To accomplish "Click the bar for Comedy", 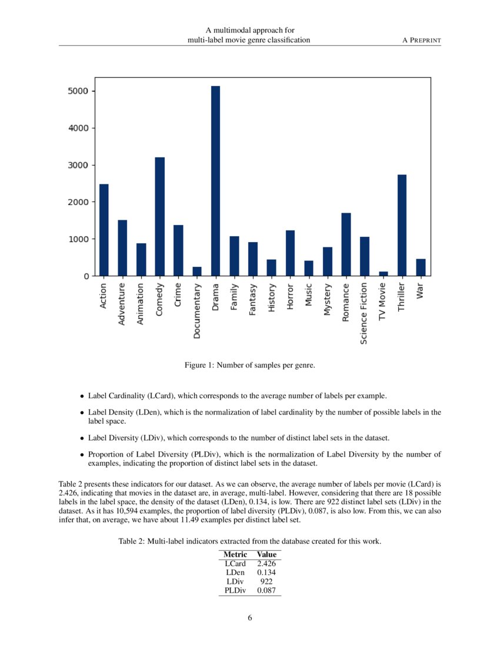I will tap(159, 216).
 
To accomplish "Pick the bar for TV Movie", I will tap(383, 273).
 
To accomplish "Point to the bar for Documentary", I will tap(196, 271).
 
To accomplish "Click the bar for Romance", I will tap(346, 244).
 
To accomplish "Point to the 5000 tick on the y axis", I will tap(77, 91).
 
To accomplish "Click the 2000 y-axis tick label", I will tap(77, 202).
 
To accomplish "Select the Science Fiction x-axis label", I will tap(365, 313).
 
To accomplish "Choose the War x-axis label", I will tap(420, 291).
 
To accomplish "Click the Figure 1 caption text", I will tap(250, 366).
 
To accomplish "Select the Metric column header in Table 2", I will tap(235, 554).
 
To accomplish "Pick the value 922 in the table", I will tap(266, 581).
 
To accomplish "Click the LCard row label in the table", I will tap(235, 564).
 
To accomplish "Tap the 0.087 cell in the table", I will tap(266, 590).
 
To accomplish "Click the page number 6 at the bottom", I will tap(250, 617).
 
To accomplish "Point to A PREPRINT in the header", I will tap(421, 39).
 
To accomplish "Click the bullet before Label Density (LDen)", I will tap(82, 413).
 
